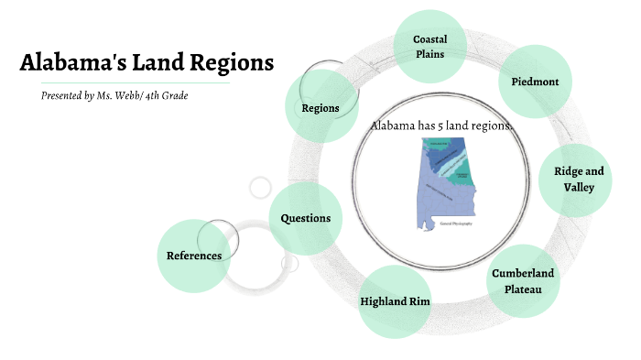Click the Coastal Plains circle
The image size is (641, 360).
click(429, 46)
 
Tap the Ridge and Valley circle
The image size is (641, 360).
click(579, 179)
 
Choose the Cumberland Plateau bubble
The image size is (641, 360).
click(522, 281)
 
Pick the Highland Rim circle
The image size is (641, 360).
click(395, 301)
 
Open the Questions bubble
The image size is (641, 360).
click(306, 218)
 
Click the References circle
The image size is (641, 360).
click(194, 256)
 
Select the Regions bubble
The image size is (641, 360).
click(320, 107)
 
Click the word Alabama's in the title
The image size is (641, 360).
click(73, 63)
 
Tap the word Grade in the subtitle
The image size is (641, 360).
click(178, 95)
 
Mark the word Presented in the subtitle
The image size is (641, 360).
click(60, 95)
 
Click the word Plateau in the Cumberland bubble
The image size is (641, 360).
click(523, 289)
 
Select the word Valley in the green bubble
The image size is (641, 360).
click(579, 187)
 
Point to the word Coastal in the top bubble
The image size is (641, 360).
click(429, 39)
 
